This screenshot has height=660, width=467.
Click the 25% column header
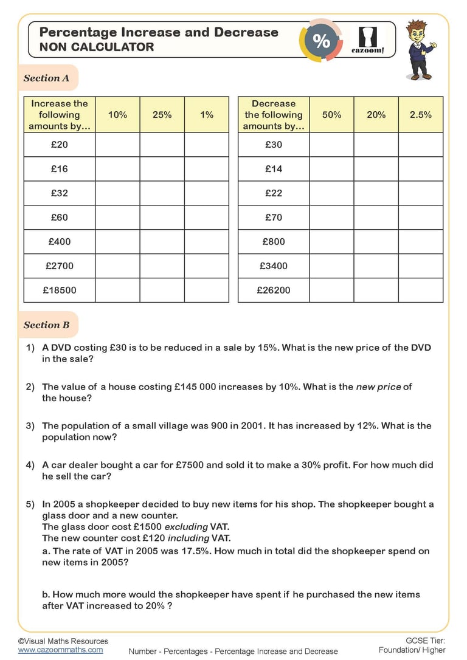(162, 114)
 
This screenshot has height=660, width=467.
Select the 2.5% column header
(421, 114)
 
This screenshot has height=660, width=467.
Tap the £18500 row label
(60, 290)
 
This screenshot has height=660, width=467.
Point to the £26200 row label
(274, 290)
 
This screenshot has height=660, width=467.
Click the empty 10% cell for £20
(117, 145)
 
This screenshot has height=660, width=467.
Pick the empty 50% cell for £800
(331, 241)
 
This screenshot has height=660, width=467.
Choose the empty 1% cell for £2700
(207, 266)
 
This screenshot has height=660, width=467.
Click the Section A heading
(46, 78)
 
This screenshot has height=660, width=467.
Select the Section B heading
(46, 325)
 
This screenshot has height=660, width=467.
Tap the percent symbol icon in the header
(321, 41)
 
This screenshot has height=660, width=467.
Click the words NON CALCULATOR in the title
(97, 47)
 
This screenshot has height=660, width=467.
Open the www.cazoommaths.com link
(60, 650)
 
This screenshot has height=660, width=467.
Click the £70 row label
(274, 217)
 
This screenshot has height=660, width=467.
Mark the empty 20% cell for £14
(376, 169)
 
